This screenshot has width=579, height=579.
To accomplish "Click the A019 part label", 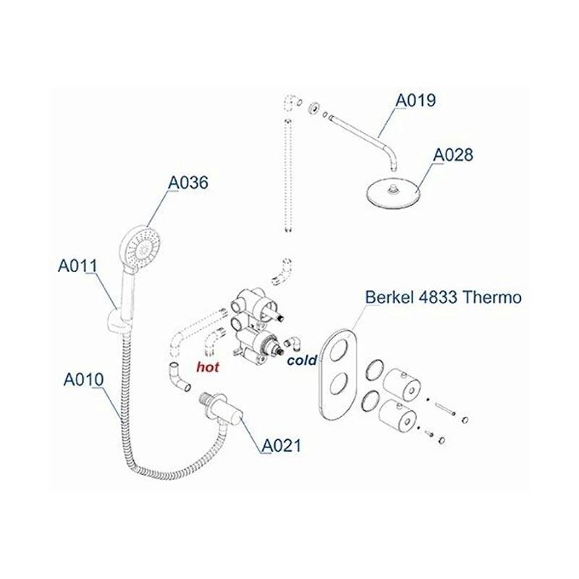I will [415, 100].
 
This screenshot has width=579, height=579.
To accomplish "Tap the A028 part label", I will [453, 155].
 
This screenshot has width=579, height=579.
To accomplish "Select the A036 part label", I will [188, 184].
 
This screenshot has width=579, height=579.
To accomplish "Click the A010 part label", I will [83, 379].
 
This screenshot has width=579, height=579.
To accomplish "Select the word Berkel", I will [390, 297].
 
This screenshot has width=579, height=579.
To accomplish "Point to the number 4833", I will [439, 297].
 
